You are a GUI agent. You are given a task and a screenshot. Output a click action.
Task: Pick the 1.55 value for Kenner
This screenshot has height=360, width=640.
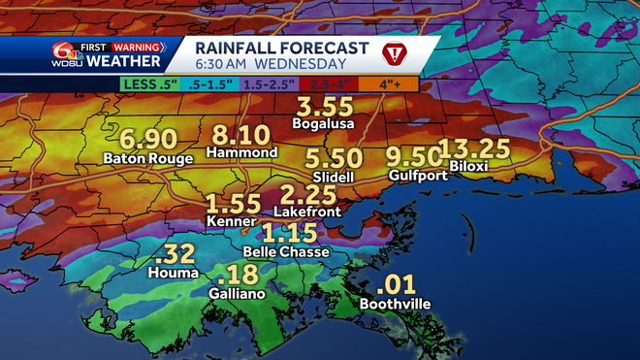(234, 205)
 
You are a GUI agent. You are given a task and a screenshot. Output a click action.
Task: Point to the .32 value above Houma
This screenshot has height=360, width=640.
(175, 255)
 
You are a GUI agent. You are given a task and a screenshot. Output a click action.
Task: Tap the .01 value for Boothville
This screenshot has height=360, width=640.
(398, 285)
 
